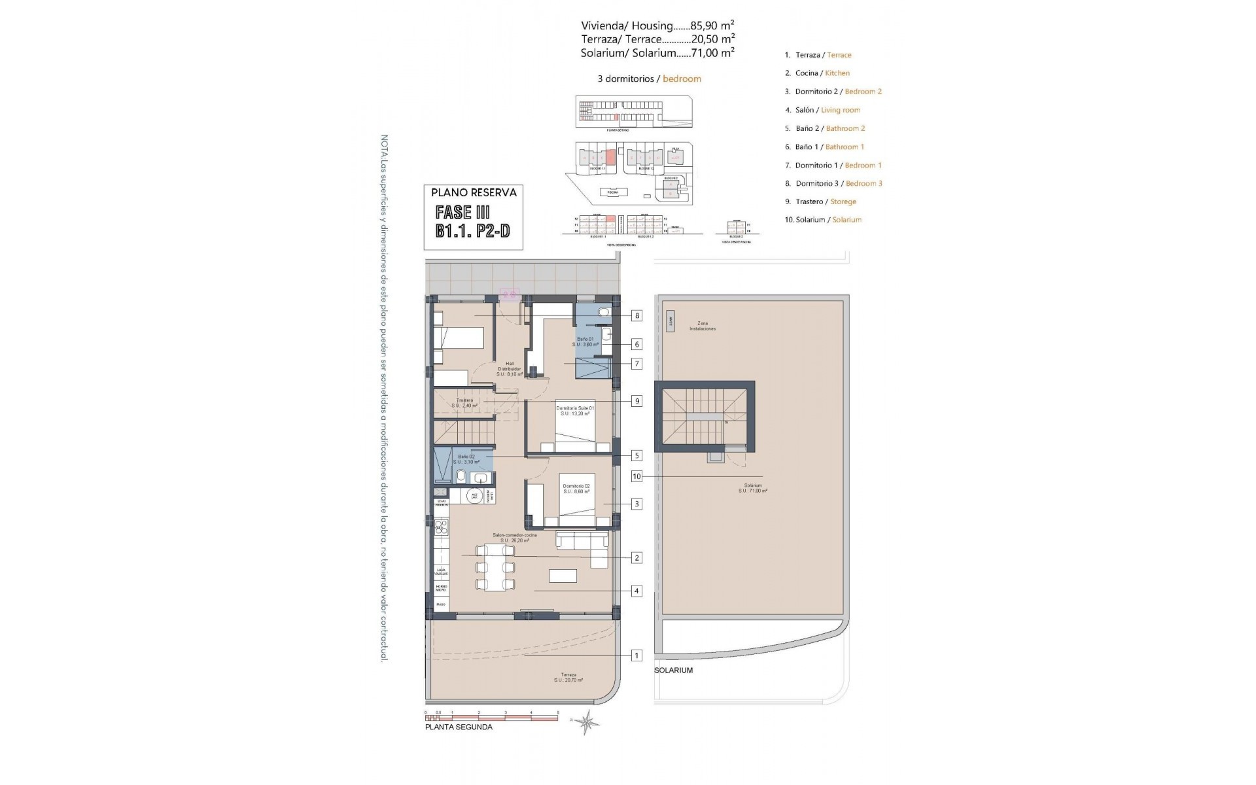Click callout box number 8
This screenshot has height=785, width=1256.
[x=637, y=315]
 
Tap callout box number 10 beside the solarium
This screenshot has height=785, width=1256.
[x=637, y=476]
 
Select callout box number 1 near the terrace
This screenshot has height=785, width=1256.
[x=637, y=655]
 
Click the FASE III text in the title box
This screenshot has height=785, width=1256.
[x=462, y=212]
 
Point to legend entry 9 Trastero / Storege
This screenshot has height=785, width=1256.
[x=820, y=201]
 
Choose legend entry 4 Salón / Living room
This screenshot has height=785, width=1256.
[x=822, y=110]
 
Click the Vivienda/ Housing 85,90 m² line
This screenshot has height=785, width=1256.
[x=657, y=26]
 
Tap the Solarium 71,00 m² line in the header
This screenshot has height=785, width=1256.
[x=657, y=54]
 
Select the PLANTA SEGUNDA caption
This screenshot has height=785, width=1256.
[x=459, y=727]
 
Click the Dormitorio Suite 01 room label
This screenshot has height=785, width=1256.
[x=575, y=411]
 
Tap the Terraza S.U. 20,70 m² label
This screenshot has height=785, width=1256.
[x=568, y=677]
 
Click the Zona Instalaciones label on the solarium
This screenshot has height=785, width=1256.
[x=702, y=326]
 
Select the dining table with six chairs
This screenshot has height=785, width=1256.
[x=495, y=567]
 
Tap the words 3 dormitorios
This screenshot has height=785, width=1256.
[x=626, y=78]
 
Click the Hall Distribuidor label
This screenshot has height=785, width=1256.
[x=509, y=369]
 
